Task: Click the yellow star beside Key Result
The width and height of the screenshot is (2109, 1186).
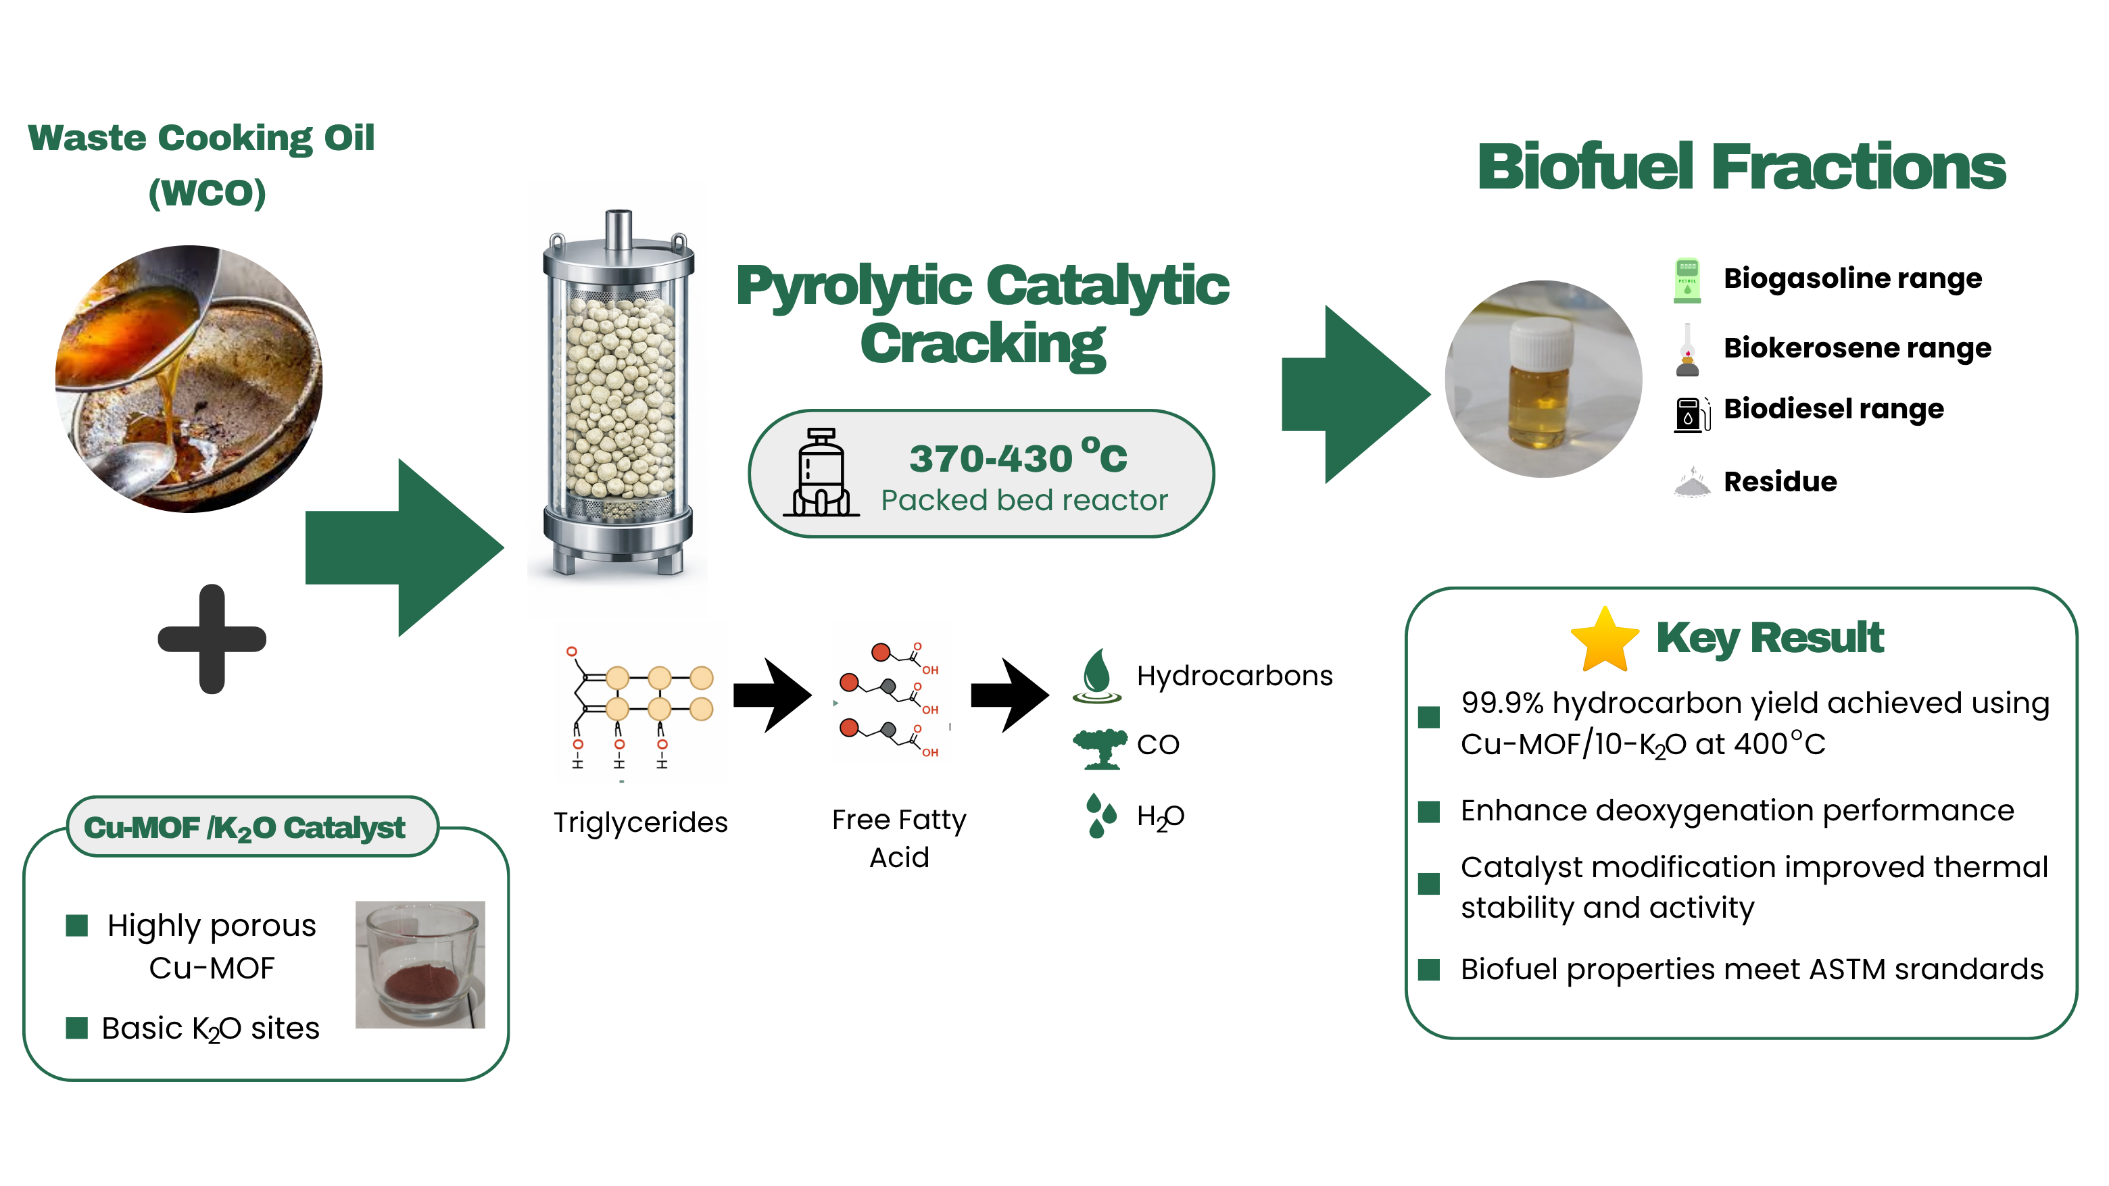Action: [1605, 640]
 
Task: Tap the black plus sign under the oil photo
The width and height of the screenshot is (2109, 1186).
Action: [212, 639]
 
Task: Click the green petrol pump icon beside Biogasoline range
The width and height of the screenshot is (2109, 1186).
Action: [1687, 280]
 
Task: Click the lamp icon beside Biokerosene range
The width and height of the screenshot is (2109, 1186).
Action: [1687, 349]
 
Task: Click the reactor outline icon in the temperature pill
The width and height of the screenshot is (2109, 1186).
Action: [821, 472]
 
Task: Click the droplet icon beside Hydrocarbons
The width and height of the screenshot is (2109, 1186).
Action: [1097, 676]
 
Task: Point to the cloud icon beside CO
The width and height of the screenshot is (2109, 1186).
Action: [1100, 748]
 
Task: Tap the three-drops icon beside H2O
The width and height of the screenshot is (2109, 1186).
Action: [1100, 815]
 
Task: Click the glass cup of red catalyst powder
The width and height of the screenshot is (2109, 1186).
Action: [420, 964]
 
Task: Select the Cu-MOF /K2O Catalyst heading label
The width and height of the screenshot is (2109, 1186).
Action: [245, 828]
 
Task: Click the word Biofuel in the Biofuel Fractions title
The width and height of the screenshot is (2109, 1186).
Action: [1585, 166]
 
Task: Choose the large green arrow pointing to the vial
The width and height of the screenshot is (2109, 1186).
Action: [1356, 395]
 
